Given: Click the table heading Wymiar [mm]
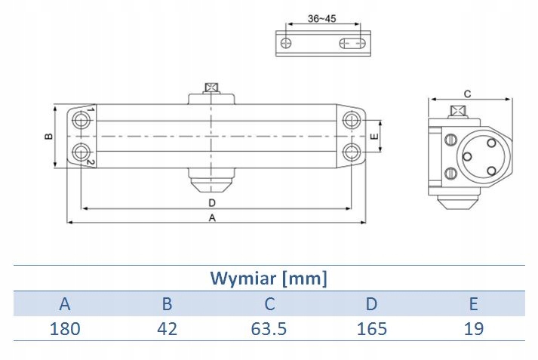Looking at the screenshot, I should coord(269,278).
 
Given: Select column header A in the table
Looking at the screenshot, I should coord(65,304).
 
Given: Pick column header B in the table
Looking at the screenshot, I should coord(168,304).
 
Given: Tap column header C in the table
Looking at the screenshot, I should coord(269,304).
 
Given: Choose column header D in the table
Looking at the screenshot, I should coord(371,304).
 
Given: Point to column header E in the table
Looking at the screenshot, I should coord(473,304).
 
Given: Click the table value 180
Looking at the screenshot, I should coord(65,328).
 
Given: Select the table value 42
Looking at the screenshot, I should coord(168,328).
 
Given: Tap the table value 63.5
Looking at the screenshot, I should coord(269,328).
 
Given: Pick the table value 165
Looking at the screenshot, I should coord(371,328).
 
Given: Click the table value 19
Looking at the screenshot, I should coord(473,328).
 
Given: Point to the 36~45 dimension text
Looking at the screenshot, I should coord(322,18).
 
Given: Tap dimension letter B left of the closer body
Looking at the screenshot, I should coord(48,137).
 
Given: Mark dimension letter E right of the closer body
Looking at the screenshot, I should coord(374,137).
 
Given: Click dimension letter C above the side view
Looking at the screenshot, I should coord(467,94).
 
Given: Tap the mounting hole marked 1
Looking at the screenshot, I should coord(81,120).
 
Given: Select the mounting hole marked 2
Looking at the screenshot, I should coord(81,152).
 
